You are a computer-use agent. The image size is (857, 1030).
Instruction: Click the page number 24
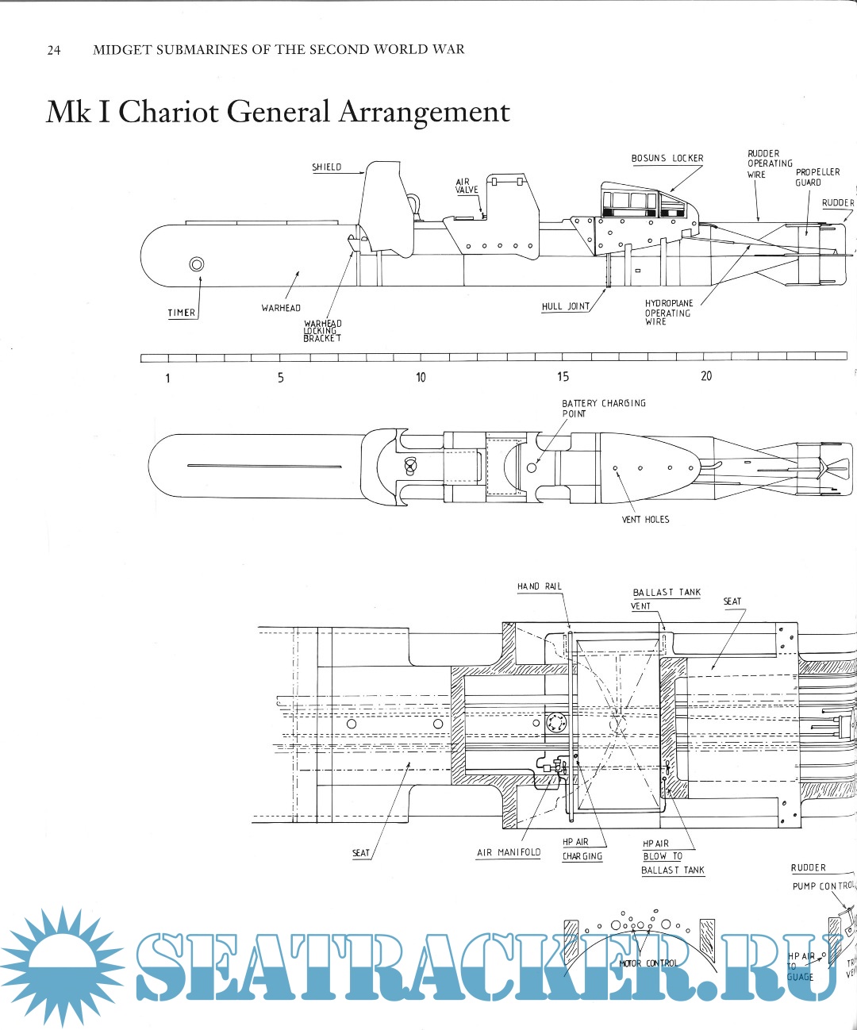coord(54,50)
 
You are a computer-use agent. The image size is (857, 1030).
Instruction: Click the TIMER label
coord(182,313)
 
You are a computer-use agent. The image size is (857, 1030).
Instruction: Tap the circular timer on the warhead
coord(196,264)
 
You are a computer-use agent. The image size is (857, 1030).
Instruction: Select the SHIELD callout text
coord(326,167)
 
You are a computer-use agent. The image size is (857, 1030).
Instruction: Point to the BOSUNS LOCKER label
coord(667,158)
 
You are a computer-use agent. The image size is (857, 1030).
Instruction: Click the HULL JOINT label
coord(566,306)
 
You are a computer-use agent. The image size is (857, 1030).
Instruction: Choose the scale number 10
coord(421,377)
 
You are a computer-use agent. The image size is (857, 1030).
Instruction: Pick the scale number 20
coord(706,376)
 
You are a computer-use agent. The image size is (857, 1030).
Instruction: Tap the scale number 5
coord(280,378)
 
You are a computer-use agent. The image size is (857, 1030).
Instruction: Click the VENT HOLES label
coord(645,520)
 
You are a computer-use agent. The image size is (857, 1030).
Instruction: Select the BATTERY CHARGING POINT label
coord(603,408)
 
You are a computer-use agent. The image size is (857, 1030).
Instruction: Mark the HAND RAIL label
coord(540,586)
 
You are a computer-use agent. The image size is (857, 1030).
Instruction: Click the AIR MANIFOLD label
coord(509,852)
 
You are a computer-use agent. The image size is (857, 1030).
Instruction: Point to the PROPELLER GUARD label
coord(817,177)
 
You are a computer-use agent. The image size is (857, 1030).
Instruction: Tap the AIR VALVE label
coord(467,186)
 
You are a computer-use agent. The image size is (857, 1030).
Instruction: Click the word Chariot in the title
coord(168,111)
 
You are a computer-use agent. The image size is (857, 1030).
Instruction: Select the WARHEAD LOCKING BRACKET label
coord(322,331)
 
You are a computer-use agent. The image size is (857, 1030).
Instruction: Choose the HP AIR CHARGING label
coord(582,849)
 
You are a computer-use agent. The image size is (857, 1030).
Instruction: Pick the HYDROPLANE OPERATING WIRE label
coord(668,313)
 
